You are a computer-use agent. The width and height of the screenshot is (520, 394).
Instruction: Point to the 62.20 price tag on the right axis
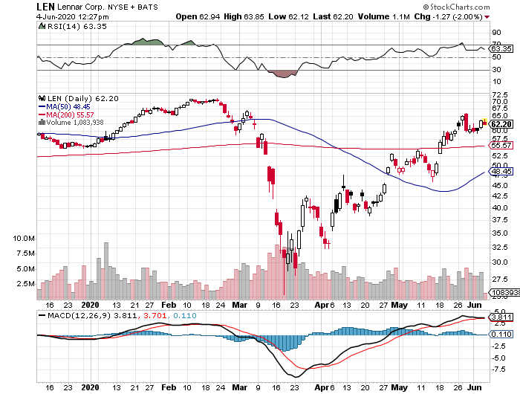click(500, 123)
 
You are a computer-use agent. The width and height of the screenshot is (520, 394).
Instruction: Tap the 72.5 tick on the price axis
click(499, 95)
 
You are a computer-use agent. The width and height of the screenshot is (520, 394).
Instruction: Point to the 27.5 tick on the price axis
click(499, 280)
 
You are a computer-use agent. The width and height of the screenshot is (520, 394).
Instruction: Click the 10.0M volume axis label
click(25, 239)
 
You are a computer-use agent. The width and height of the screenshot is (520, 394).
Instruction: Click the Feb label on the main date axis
click(169, 305)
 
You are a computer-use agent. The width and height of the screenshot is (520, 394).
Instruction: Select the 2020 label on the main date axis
click(90, 305)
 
